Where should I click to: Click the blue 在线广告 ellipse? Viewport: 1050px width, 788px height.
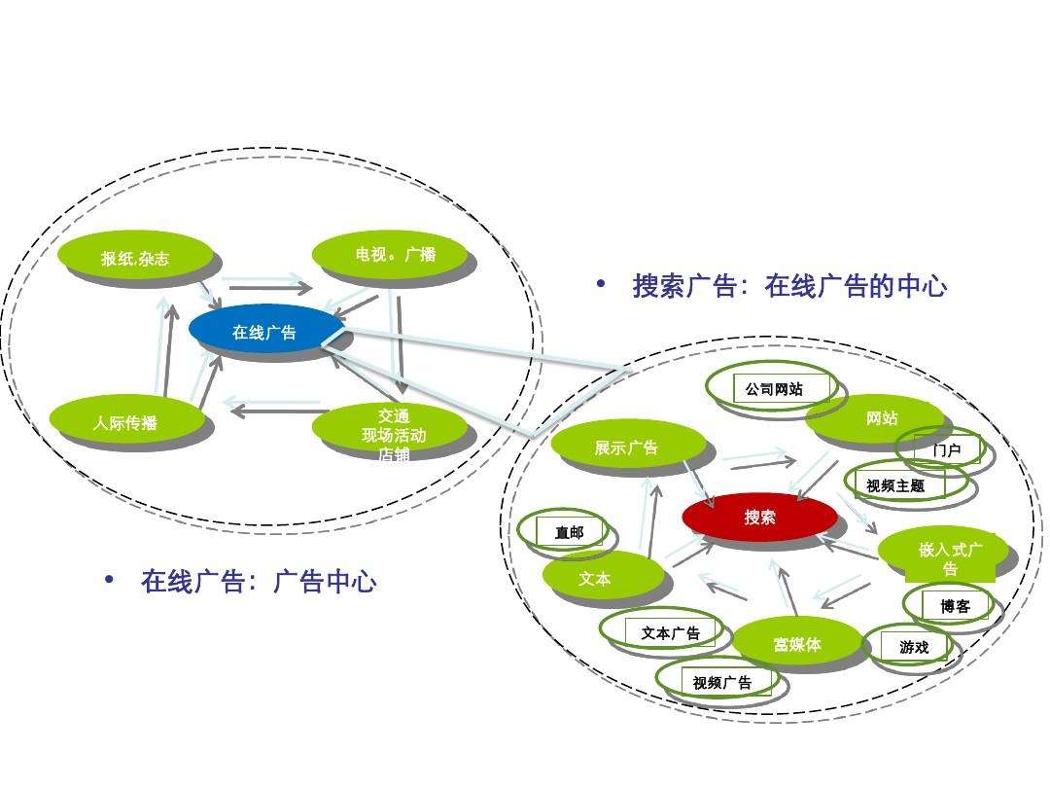coord(265,332)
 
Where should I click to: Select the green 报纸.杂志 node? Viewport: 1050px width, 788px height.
coord(135,257)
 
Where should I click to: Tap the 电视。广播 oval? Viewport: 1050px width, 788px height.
coord(395,255)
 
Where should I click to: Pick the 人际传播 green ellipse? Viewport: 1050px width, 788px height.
coord(126,422)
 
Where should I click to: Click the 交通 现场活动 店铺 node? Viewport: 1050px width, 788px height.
coord(393,429)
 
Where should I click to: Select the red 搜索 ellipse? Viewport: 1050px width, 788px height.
coord(759,517)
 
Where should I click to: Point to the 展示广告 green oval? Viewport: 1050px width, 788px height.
coord(627,447)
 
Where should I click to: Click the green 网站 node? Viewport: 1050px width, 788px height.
coord(882,418)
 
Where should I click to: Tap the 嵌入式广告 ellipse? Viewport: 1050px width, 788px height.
coord(948,555)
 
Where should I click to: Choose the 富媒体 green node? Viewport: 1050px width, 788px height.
coord(797,643)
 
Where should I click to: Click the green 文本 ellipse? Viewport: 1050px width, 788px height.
coord(595,578)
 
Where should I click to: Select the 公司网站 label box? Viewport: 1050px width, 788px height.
coord(775,389)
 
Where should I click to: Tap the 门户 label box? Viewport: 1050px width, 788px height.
coord(946,450)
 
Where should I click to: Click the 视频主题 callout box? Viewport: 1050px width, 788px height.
coord(895,485)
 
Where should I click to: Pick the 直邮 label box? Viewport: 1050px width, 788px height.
coord(570,532)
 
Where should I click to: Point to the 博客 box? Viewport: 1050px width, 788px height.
coord(955,605)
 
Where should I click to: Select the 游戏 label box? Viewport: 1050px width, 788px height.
coord(914,646)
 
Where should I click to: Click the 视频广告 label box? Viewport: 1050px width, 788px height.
coord(721,682)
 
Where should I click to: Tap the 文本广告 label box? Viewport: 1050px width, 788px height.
coord(670,632)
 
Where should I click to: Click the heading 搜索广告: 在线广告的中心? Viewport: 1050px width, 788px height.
coord(788,286)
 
